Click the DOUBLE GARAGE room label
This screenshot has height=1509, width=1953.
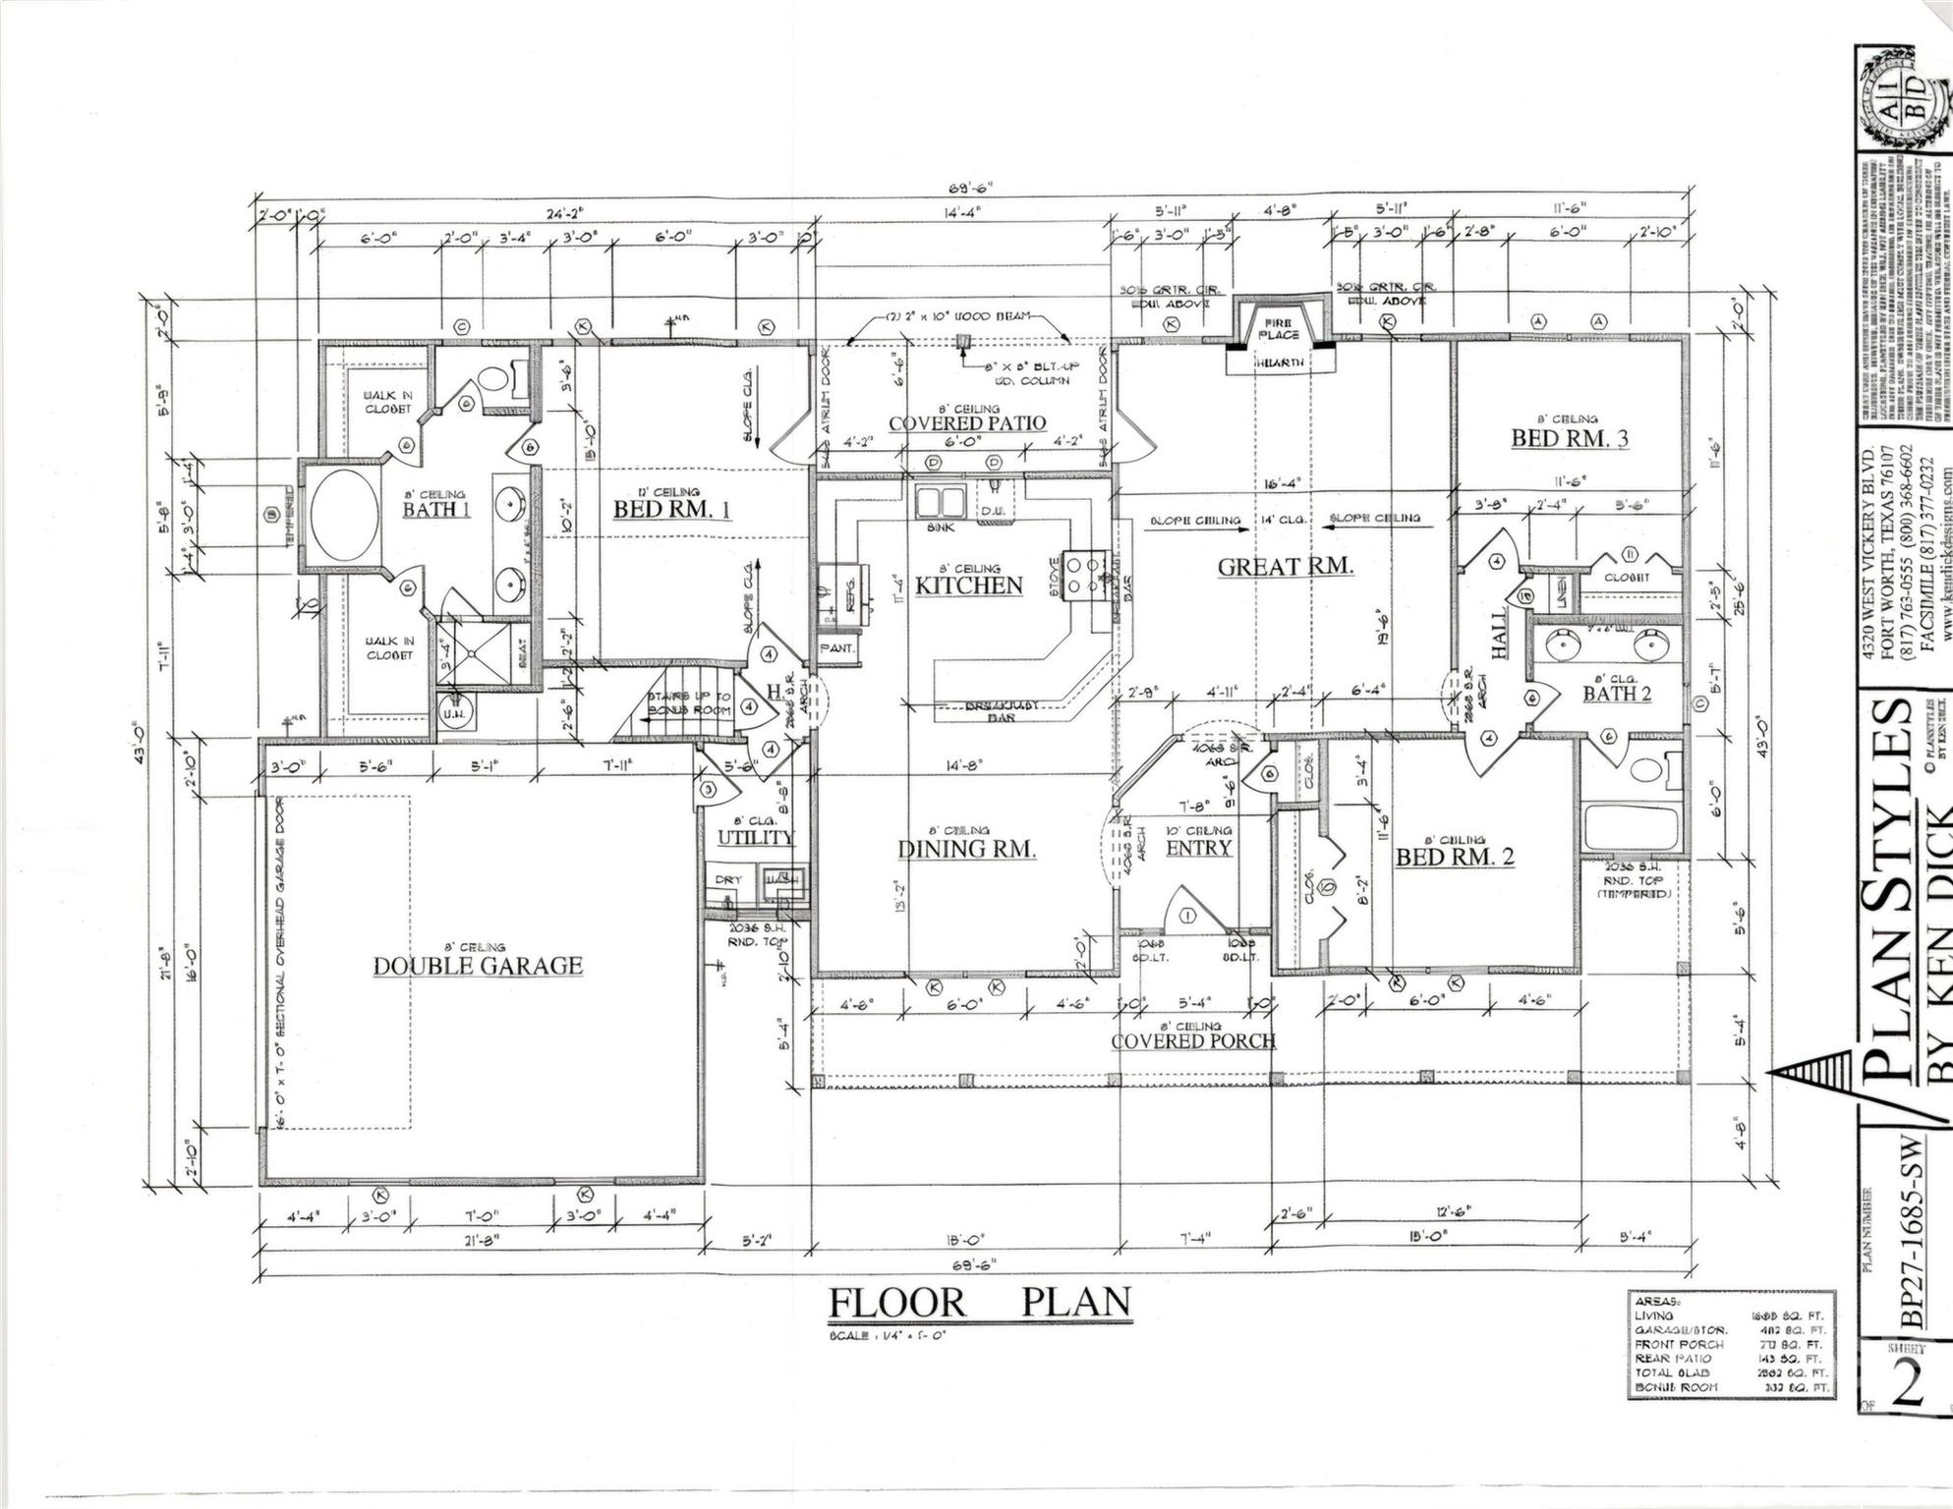[478, 966]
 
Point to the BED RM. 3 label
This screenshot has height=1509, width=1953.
[1569, 438]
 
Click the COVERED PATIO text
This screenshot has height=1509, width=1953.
[966, 423]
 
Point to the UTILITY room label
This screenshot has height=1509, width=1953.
[755, 837]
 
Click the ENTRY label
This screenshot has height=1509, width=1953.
[1197, 848]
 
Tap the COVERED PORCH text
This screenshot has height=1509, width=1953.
[1193, 1040]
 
